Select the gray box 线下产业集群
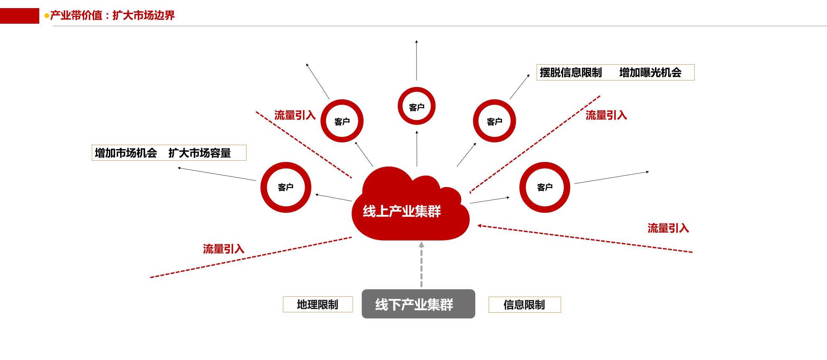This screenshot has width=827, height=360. [x=418, y=304]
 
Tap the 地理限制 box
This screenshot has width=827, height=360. [x=318, y=304]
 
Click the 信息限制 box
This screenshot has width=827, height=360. [x=524, y=305]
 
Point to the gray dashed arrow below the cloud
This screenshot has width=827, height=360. [x=421, y=265]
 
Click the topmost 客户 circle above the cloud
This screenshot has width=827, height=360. [x=417, y=106]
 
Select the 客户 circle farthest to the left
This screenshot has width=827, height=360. [x=286, y=187]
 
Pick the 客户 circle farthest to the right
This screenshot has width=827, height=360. [x=545, y=187]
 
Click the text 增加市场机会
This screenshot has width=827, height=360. [x=126, y=153]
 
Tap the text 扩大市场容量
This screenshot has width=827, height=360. [x=200, y=153]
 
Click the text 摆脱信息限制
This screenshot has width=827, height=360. [x=571, y=72]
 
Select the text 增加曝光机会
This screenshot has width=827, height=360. [x=650, y=72]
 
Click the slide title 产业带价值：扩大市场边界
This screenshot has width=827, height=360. [x=112, y=15]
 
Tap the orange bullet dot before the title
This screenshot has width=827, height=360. [x=47, y=16]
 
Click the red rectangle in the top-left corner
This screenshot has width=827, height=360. [x=19, y=16]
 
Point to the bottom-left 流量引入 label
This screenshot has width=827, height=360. [x=224, y=249]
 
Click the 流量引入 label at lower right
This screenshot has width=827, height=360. [x=668, y=228]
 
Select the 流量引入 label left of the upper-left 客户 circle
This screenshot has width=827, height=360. [x=295, y=115]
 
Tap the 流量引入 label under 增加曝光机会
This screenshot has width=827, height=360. [x=606, y=115]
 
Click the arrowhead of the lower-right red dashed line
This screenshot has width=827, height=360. [x=479, y=226]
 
